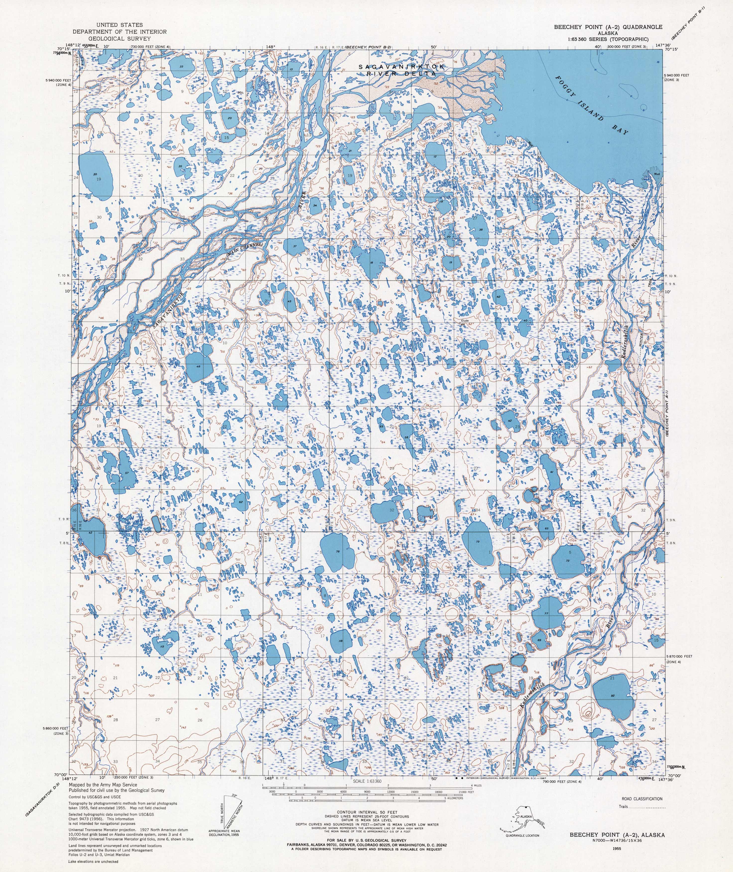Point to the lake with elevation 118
341,641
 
